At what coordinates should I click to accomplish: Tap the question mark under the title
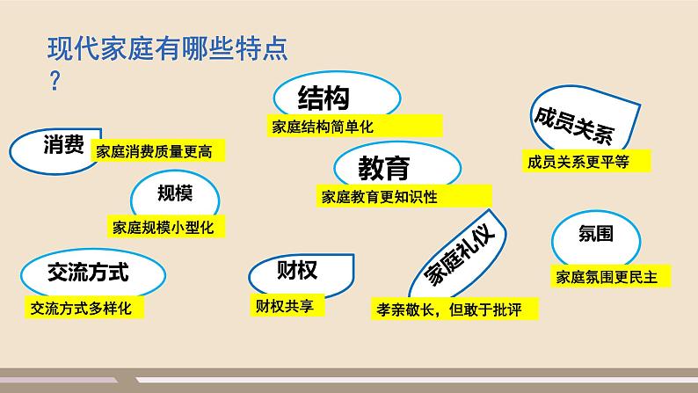click(55, 82)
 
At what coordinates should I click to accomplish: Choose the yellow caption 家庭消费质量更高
click(156, 150)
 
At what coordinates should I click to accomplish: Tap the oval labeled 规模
click(175, 193)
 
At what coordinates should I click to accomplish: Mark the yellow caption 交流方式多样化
click(81, 309)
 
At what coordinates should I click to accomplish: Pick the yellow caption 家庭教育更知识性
click(380, 197)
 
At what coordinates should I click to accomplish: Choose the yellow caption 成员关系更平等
click(576, 161)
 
